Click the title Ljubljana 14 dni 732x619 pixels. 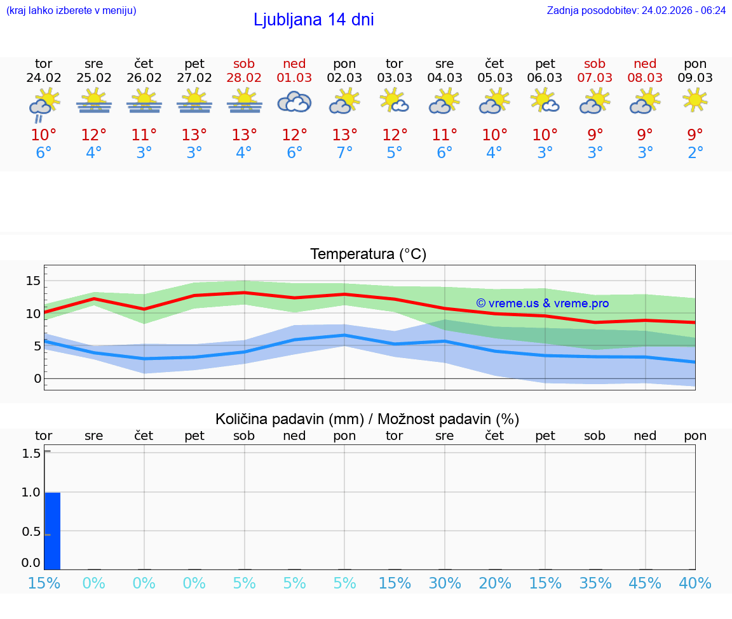coord(313,20)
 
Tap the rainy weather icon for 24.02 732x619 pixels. coord(44,104)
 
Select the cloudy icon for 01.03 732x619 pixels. coord(294,102)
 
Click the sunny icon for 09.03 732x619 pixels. coord(695,100)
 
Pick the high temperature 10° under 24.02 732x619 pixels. coord(44,135)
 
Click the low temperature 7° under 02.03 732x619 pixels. coord(344,153)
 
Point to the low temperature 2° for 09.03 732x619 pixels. coord(695,153)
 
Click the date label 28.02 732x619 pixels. coord(244,78)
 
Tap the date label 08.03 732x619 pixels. coord(645,78)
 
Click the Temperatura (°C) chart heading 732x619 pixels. coord(368,255)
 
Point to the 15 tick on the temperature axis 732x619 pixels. coord(33,281)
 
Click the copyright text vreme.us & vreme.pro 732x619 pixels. coord(542,303)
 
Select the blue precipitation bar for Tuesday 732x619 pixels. coord(52,531)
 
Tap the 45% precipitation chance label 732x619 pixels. coord(645,583)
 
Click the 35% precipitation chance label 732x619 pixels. coord(595,583)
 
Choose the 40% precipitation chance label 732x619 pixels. coord(695,583)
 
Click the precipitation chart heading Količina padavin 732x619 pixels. coord(367,419)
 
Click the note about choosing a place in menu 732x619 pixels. coord(71,11)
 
